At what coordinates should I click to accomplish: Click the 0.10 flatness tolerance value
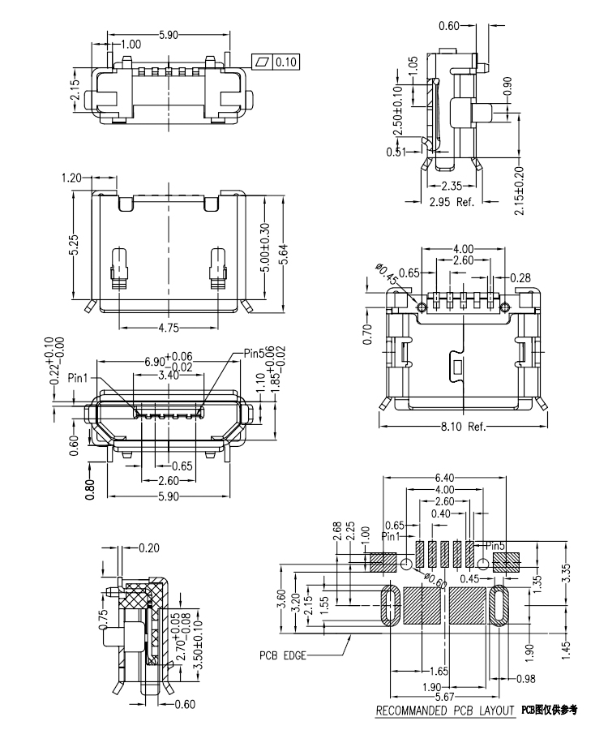click(286, 62)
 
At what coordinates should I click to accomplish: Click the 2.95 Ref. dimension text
click(452, 201)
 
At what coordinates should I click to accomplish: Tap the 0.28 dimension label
click(521, 278)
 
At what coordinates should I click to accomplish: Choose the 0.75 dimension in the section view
click(103, 619)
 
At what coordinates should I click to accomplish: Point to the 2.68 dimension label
click(337, 531)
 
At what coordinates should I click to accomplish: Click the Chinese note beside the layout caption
click(550, 711)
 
